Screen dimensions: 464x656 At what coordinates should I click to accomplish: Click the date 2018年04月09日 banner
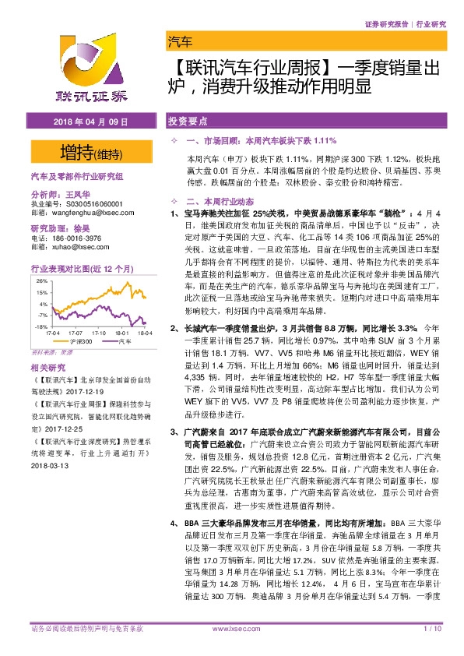tap(88, 123)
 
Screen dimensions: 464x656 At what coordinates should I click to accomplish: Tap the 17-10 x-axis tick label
tap(94, 332)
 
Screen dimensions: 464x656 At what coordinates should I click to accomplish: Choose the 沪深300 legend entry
tap(79, 341)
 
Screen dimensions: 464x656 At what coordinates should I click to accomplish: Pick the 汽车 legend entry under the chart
tap(124, 341)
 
